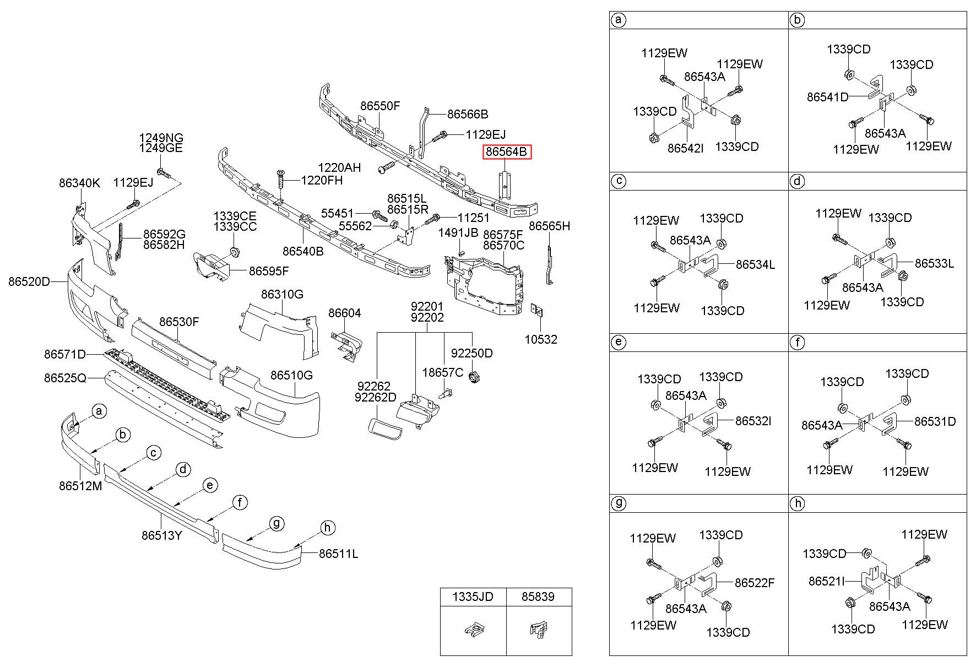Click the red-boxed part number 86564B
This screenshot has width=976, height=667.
(507, 151)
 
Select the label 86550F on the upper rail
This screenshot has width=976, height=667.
(380, 106)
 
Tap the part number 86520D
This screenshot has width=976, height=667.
(29, 282)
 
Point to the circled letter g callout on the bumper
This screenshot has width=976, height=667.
(276, 523)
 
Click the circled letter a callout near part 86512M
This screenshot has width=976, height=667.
(99, 411)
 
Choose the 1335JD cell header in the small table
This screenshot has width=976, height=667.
(473, 596)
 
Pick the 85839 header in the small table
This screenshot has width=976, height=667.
(538, 596)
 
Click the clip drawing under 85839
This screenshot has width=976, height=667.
(538, 631)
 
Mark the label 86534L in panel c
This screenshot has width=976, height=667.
(755, 264)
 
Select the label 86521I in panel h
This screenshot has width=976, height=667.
(827, 581)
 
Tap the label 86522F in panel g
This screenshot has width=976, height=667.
(755, 583)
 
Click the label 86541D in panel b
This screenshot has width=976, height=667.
(828, 97)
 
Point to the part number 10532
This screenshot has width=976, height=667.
(540, 339)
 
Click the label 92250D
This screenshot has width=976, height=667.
(471, 353)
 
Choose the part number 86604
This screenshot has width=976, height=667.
(345, 313)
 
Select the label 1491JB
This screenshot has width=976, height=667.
(458, 232)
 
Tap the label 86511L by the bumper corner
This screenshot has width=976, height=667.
(338, 554)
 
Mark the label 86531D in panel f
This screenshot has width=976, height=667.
(935, 421)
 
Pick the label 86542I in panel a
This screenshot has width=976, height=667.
(686, 148)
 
